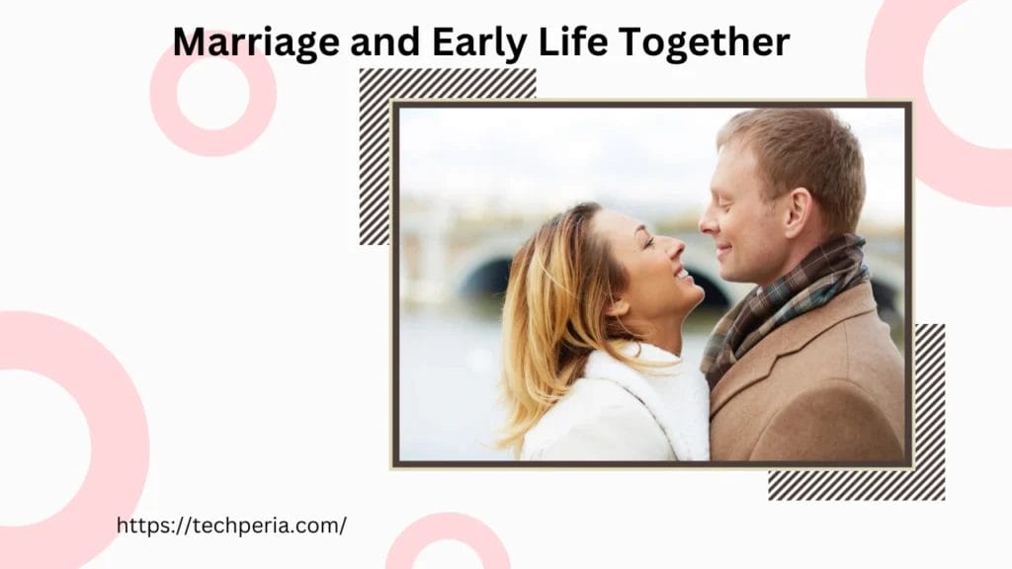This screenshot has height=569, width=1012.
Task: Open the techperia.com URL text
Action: point(231,526)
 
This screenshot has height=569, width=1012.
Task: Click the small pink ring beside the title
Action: point(213,93)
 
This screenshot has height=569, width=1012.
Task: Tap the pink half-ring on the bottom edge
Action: point(448,543)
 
